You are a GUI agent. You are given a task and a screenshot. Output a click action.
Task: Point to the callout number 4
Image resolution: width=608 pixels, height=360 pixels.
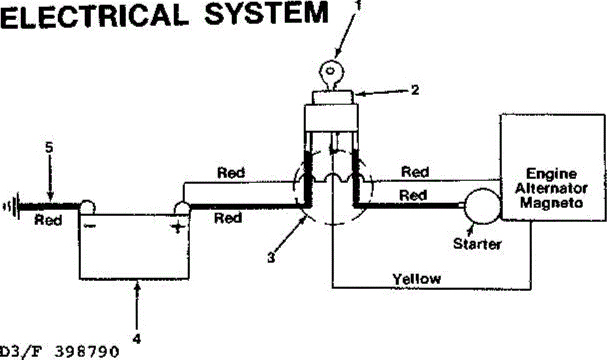click(136, 338)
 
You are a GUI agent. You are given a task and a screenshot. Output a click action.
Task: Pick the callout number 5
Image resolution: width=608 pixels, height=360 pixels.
click(49, 148)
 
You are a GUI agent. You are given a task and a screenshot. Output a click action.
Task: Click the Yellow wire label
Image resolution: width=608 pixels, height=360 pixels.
click(416, 278)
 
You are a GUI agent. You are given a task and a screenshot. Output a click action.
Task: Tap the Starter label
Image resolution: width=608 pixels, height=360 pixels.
click(477, 244)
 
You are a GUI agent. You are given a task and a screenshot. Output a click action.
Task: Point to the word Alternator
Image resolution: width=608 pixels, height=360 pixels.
click(553, 188)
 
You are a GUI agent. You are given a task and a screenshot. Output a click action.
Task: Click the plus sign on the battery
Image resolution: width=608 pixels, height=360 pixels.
click(177, 227)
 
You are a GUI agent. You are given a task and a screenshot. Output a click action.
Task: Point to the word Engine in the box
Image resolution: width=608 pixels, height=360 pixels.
click(552, 174)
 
